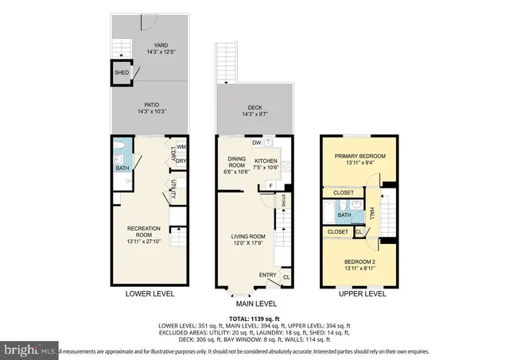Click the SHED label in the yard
click(x=122, y=73)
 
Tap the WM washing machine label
click(x=182, y=148)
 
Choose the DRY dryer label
click(x=182, y=161)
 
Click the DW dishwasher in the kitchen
click(x=256, y=143)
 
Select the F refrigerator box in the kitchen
click(x=270, y=186)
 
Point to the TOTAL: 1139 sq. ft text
click(x=254, y=318)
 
